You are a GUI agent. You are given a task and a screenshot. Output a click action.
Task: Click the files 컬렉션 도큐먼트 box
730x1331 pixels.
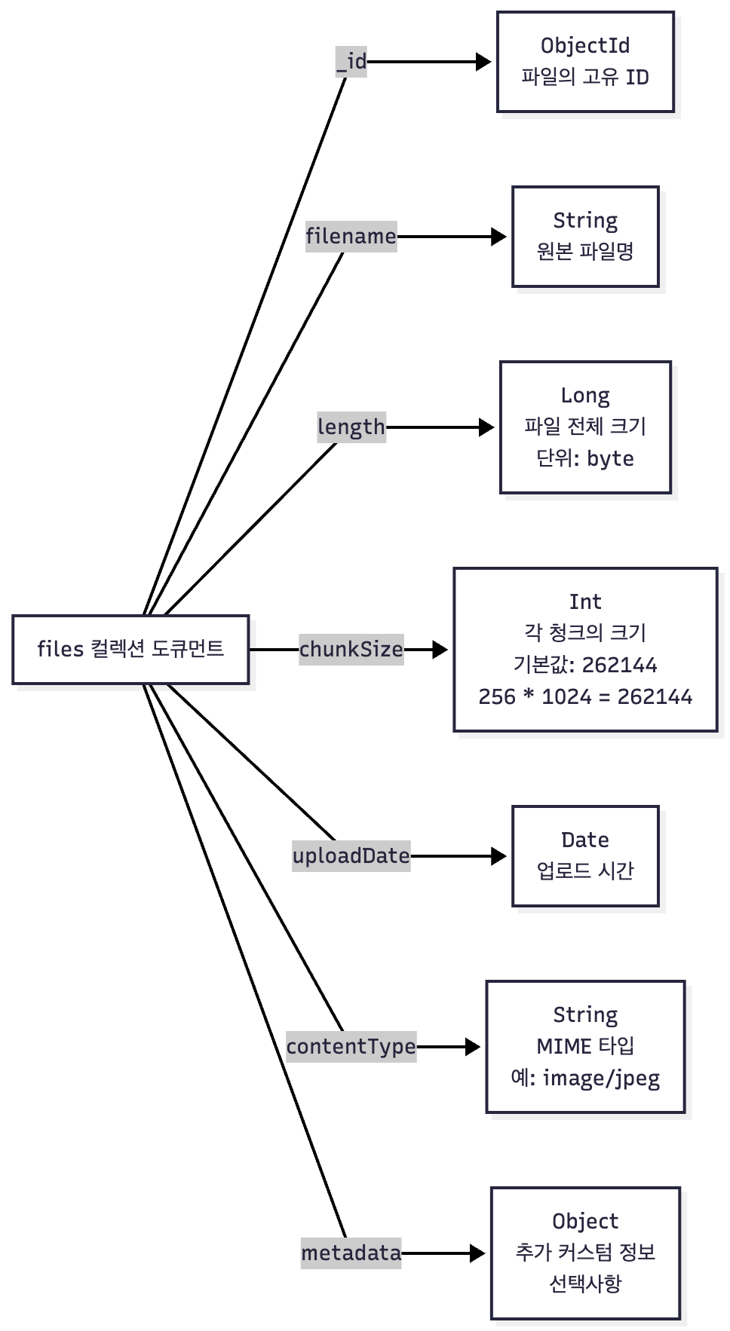coord(130,649)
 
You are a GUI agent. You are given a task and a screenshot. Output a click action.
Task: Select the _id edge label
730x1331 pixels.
coord(351,61)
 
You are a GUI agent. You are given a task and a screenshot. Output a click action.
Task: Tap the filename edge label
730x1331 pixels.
coord(351,237)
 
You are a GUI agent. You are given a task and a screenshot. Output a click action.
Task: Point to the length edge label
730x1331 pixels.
coord(351,427)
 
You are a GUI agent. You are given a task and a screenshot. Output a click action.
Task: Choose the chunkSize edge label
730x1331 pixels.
coord(351,649)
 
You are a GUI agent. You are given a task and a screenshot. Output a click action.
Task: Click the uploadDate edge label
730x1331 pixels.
coord(351,856)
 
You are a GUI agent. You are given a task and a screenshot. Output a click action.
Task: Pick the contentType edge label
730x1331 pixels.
coord(351,1047)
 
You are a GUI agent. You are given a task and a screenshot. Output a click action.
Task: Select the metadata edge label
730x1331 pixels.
coord(351,1253)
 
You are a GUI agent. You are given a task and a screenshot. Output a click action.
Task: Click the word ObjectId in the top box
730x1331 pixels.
coord(585,46)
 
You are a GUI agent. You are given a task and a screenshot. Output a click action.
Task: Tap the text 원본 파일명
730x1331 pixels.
coord(585,252)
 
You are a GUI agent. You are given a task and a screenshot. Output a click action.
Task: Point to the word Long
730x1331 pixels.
coord(585,396)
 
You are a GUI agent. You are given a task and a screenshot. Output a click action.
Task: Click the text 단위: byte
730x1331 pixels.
coord(585,458)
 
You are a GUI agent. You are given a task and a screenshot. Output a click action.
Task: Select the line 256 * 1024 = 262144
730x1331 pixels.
coord(585,696)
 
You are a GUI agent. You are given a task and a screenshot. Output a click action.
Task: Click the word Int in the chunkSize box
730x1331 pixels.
coord(585,601)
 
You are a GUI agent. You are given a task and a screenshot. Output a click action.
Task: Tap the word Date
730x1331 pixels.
coord(585,840)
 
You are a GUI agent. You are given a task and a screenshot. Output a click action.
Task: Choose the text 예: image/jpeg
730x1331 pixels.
coord(585,1079)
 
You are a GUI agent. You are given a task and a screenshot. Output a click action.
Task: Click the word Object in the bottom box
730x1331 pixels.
coord(585,1221)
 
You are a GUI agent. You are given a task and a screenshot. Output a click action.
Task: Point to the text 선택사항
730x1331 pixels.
coord(585,1284)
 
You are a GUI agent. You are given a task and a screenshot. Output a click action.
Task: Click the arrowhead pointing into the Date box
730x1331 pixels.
coord(499,856)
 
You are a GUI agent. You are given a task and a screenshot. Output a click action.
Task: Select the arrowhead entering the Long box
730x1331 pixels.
coord(487,427)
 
